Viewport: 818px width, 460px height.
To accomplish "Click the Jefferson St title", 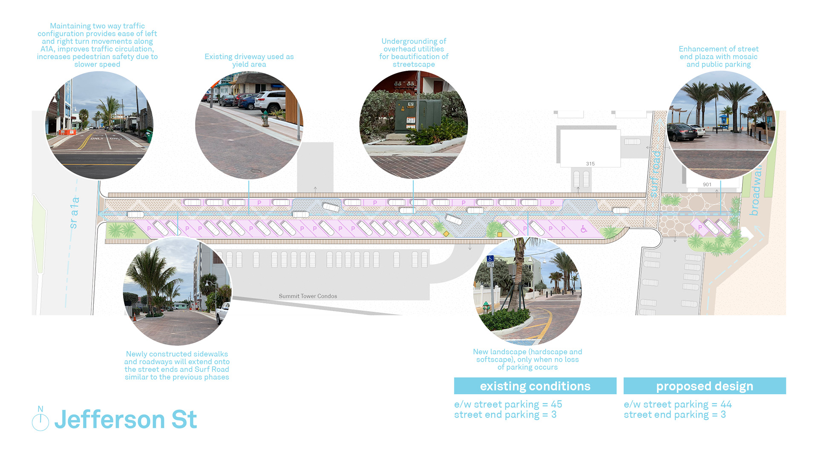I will coord(126,420).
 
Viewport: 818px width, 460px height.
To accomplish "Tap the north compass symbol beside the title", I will coord(40,421).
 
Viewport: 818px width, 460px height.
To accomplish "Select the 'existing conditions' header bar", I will coord(535,386).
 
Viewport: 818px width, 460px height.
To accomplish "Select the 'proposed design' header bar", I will coord(705,386).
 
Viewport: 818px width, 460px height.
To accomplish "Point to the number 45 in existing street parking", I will coord(556,404).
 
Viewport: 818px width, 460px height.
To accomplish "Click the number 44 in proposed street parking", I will coord(726,404).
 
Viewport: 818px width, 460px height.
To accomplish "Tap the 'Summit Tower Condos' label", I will coord(308,296).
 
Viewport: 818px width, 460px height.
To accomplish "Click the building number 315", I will coord(590,164).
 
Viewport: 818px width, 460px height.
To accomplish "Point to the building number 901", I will coord(707,184).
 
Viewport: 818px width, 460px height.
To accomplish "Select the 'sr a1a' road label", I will coord(74,213).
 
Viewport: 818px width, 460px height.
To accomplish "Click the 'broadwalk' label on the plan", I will coord(755,192).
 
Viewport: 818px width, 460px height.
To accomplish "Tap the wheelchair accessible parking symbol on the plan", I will coord(584,229).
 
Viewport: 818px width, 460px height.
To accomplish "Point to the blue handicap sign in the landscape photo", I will coord(490,259).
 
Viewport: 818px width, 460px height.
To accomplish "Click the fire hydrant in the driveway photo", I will coord(265,118).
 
